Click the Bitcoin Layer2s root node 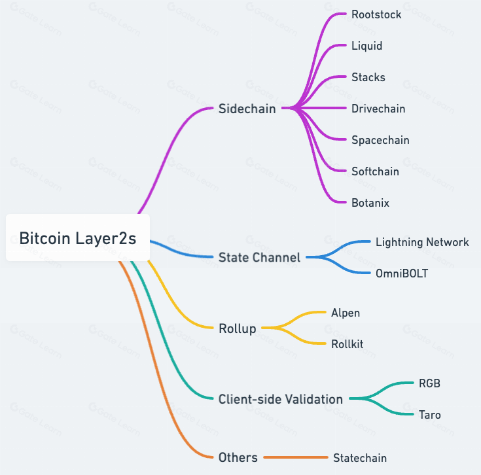click(x=78, y=237)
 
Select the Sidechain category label click(x=247, y=109)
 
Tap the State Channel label click(x=259, y=257)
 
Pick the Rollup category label click(x=238, y=328)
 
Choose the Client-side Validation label click(x=280, y=399)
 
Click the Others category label click(x=238, y=457)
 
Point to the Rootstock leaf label click(x=376, y=14)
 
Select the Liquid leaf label click(x=367, y=46)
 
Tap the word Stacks click(x=368, y=77)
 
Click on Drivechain click(x=378, y=109)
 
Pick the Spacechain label click(x=380, y=140)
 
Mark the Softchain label click(x=375, y=171)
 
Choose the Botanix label click(x=370, y=203)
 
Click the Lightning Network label click(x=422, y=242)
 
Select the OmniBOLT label click(x=402, y=273)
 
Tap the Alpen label click(x=346, y=313)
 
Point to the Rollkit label click(x=347, y=344)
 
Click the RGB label click(x=429, y=383)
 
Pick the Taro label click(x=430, y=415)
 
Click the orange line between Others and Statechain click(x=296, y=457)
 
